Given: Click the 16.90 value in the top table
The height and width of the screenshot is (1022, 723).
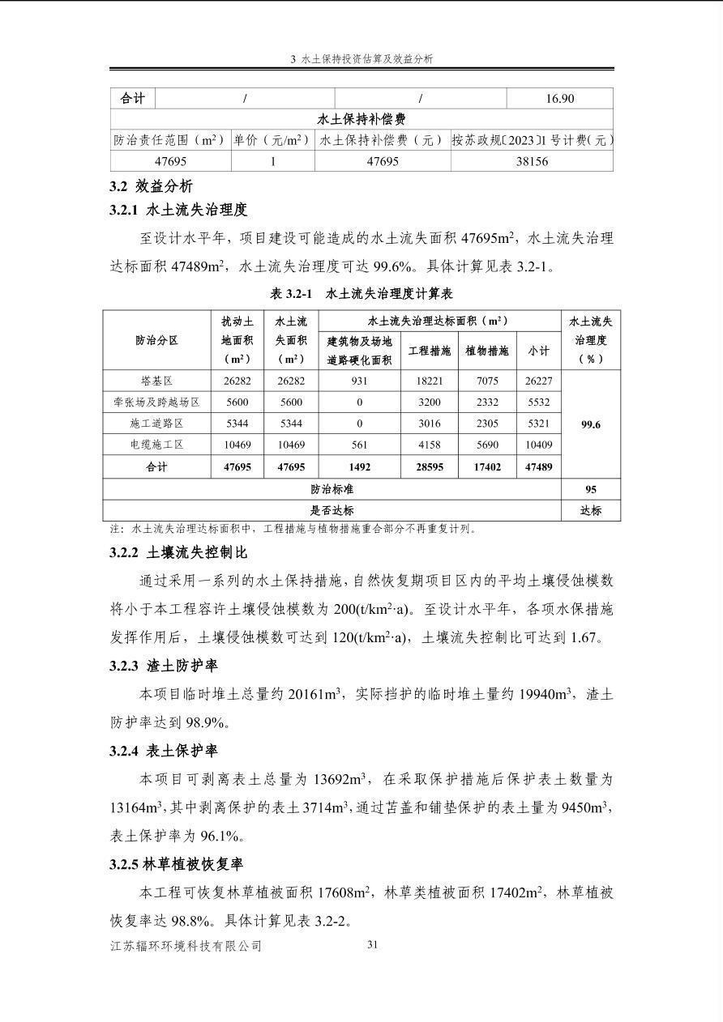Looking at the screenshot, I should pos(559,99).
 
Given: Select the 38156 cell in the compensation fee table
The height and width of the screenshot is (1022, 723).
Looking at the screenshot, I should pos(532,161).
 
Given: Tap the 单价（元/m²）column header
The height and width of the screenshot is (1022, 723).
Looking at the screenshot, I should pos(272,140).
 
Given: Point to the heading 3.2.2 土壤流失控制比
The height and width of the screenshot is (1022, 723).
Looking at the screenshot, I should pos(178,553).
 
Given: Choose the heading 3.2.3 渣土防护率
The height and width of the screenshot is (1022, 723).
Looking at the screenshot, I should pos(164,666).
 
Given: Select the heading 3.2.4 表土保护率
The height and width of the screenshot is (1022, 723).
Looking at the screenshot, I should pos(164,751).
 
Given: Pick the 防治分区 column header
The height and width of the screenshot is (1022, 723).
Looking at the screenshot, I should pos(156,340).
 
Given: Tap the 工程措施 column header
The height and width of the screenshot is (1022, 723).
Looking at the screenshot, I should pos(429,351).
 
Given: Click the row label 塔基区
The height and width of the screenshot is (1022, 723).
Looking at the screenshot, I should pos(156,381).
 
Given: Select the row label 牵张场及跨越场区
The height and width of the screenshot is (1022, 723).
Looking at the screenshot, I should pos(156,402).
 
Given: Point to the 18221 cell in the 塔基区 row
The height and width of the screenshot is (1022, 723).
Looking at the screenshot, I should pos(429,381).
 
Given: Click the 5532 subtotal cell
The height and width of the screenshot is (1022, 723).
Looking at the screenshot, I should pos(538,402).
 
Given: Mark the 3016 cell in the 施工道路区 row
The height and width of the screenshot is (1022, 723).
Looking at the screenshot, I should pos(429,424).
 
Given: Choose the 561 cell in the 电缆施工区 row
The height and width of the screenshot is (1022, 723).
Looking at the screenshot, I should pos(359,445).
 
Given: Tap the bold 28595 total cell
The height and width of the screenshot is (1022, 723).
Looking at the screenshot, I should pos(429,467).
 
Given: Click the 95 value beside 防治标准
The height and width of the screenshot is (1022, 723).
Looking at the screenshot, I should pos(590,489).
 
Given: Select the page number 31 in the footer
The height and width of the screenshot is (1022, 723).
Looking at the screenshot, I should pos(373,944).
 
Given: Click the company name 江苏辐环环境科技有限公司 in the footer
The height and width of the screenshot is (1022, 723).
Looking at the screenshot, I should pos(186,946).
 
